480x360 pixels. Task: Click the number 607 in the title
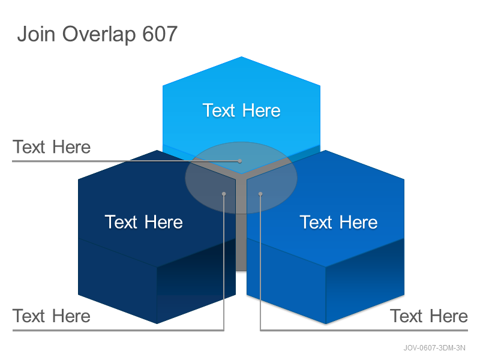pyautogui.click(x=160, y=34)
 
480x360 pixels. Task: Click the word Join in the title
pyautogui.click(x=36, y=34)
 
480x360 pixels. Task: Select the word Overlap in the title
pyautogui.click(x=99, y=35)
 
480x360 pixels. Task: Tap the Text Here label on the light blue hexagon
pyautogui.click(x=242, y=110)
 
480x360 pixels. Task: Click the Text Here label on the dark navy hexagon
pyautogui.click(x=144, y=222)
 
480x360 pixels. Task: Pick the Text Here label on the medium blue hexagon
pyautogui.click(x=338, y=222)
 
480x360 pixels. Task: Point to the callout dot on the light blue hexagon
pyautogui.click(x=240, y=161)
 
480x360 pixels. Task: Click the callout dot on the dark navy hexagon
pyautogui.click(x=224, y=194)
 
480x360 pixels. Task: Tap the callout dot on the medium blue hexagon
pyautogui.click(x=260, y=194)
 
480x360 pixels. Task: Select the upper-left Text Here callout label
pyautogui.click(x=52, y=147)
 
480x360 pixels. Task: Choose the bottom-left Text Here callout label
pyautogui.click(x=52, y=316)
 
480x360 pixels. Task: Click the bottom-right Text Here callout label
pyautogui.click(x=429, y=316)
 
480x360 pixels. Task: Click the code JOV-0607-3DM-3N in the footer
pyautogui.click(x=434, y=348)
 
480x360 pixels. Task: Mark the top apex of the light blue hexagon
pyautogui.click(x=242, y=56)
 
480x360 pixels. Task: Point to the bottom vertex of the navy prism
pyautogui.click(x=157, y=323)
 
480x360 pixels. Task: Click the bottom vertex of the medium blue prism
pyautogui.click(x=326, y=323)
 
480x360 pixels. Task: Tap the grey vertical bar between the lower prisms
pyautogui.click(x=241, y=227)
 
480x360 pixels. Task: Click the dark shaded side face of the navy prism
pyautogui.click(x=197, y=280)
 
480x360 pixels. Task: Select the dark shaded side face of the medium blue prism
pyautogui.click(x=365, y=280)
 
